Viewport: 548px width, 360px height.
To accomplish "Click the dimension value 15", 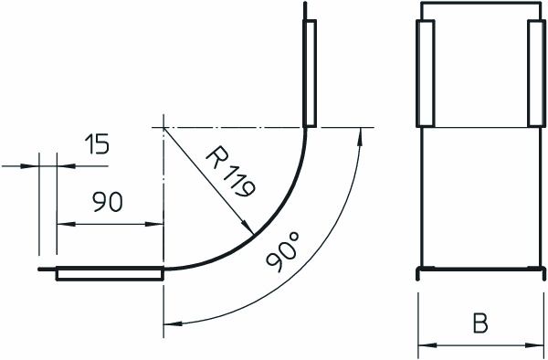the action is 97,143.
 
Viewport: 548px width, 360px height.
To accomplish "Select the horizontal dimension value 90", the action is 108,202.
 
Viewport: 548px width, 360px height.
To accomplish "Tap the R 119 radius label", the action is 231,171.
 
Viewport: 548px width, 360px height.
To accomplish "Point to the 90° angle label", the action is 283,252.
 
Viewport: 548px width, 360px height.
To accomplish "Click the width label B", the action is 480,323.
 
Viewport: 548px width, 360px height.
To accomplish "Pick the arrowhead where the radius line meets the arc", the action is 248,228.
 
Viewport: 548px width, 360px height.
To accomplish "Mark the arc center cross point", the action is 163,128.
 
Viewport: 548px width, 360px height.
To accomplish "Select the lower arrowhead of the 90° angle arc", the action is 173,323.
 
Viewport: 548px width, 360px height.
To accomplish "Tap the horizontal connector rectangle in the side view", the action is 110,274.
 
